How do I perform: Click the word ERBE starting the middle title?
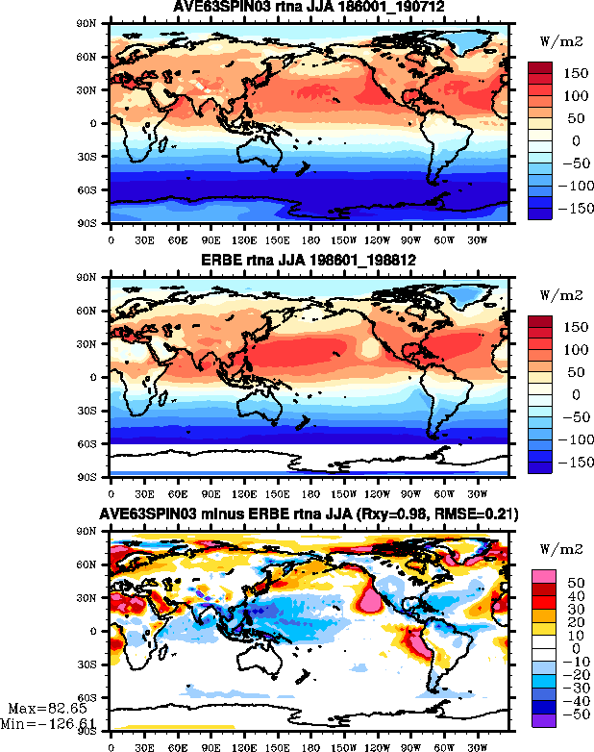pos(217,262)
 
